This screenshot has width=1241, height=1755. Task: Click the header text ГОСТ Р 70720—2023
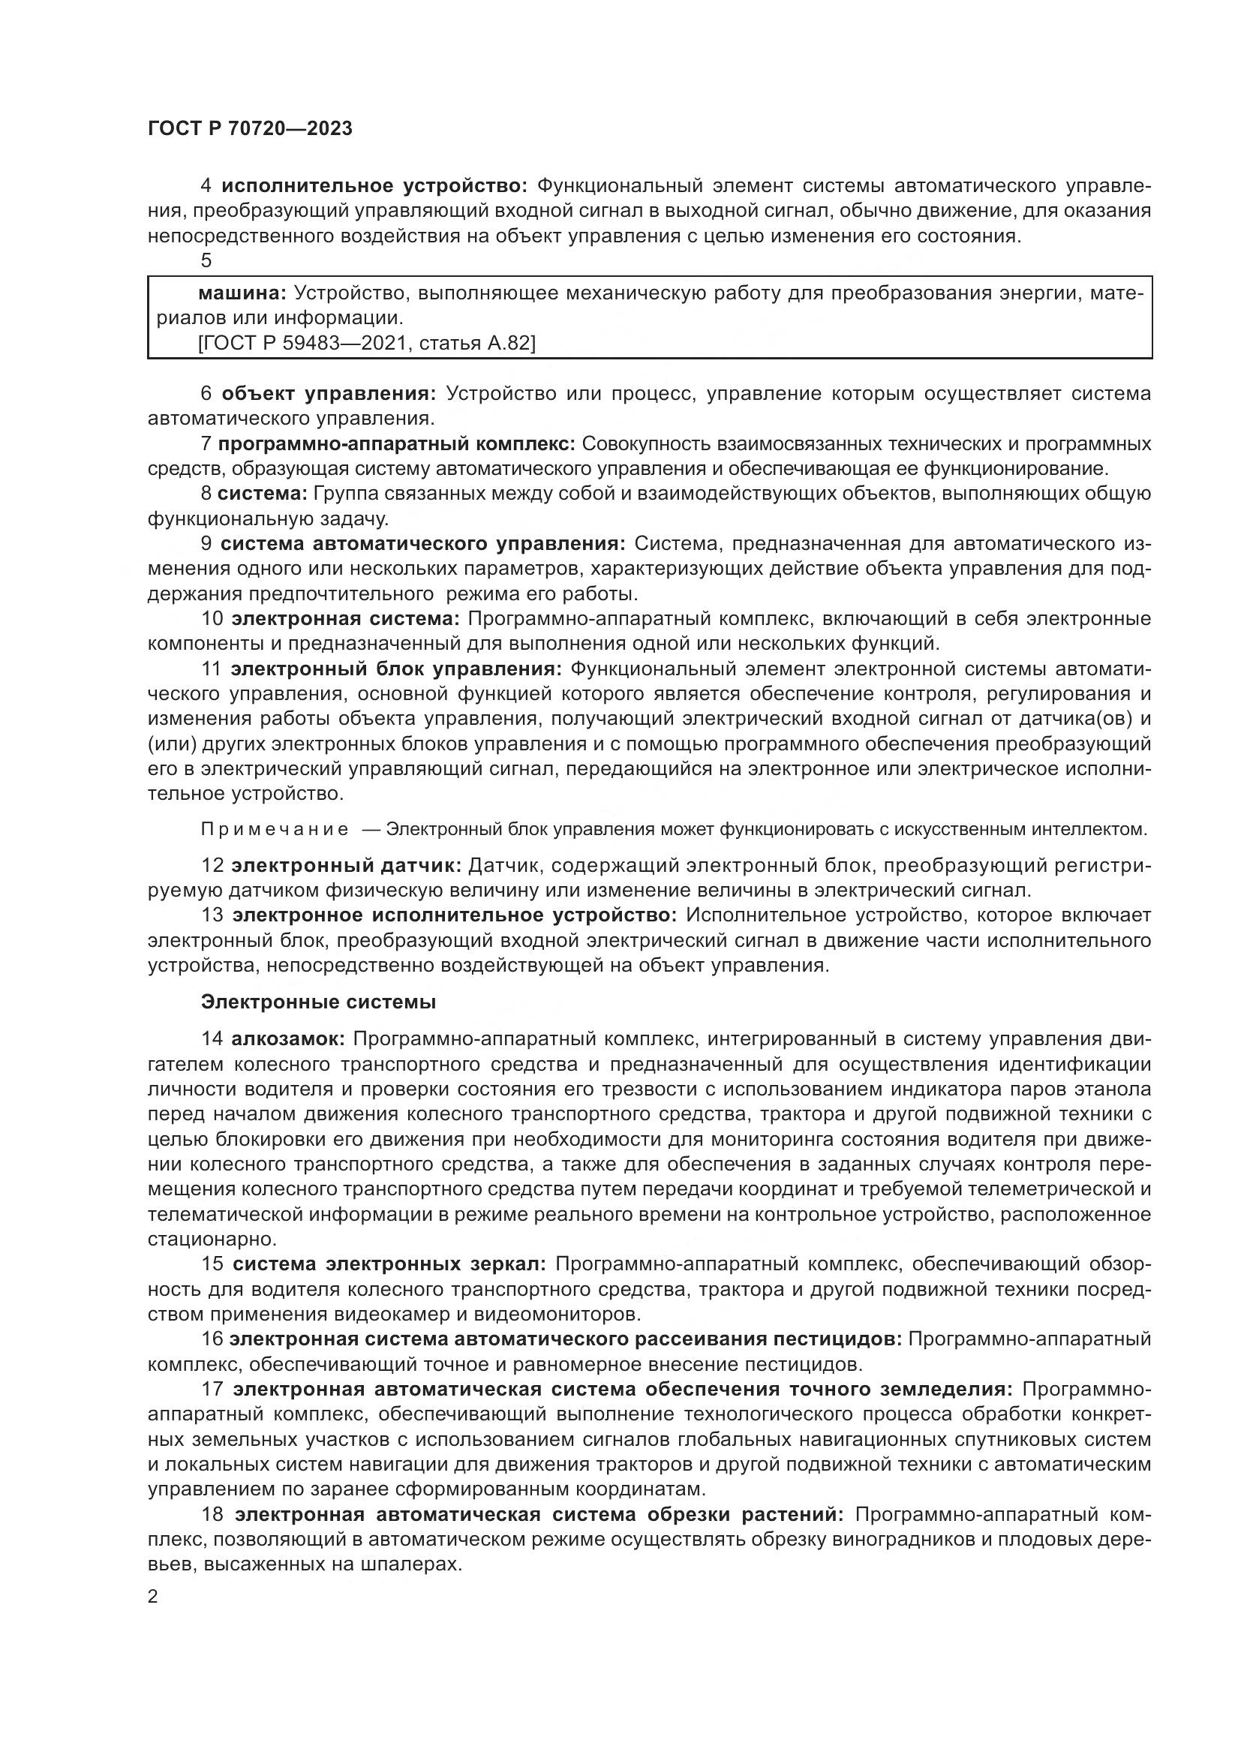tap(250, 129)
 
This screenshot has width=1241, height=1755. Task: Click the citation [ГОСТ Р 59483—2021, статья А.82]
tap(367, 343)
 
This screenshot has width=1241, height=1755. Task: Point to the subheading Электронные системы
tap(319, 1002)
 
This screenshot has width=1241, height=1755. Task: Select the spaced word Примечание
tap(275, 829)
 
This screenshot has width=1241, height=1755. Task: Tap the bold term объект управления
tap(329, 394)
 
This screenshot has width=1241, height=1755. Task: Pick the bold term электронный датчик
tap(346, 865)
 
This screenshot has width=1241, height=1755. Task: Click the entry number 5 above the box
tap(206, 260)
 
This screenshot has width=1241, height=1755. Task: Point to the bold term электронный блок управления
tap(397, 669)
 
